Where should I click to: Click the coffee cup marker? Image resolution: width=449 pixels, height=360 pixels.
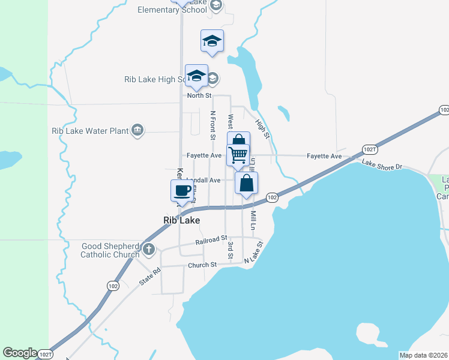[182, 191]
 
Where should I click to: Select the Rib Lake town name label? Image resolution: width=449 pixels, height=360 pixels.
[181, 220]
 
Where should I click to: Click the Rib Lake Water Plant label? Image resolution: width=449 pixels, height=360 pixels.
[90, 130]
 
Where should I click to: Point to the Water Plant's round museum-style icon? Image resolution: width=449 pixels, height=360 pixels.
[138, 130]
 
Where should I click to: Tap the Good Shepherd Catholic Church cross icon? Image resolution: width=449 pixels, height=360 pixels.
[148, 249]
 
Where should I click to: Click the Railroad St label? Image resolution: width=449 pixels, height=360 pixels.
[211, 241]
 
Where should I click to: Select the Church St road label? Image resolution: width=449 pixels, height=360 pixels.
[202, 265]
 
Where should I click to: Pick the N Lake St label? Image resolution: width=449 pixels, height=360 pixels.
[254, 253]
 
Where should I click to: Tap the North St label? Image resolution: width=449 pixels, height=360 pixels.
[199, 95]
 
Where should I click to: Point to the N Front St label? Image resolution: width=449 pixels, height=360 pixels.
[212, 125]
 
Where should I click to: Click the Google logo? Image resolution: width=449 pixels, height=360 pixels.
[20, 353]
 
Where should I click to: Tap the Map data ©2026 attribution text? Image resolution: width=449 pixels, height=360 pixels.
[423, 355]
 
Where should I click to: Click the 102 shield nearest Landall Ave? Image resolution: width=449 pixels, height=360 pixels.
[271, 197]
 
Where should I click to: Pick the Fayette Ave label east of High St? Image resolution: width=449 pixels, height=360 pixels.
[324, 156]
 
